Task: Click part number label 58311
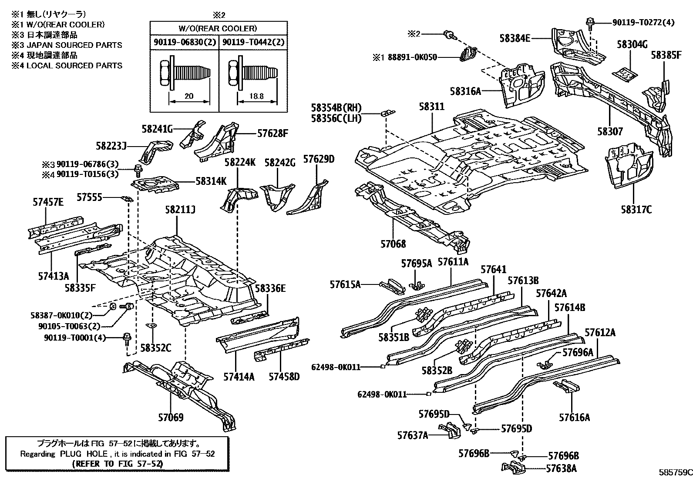click(432, 106)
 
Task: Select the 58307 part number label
click(609, 131)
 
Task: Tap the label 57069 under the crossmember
click(170, 418)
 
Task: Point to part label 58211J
click(179, 210)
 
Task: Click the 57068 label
click(393, 244)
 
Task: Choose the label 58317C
click(636, 210)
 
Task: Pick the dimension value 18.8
click(257, 97)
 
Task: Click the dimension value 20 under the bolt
click(189, 97)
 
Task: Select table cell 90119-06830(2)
click(184, 42)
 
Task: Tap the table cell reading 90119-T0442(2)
click(253, 42)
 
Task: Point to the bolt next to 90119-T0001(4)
click(127, 338)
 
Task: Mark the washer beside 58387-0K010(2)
click(112, 307)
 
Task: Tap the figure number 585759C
click(675, 472)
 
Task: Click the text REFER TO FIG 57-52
click(118, 464)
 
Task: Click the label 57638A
click(562, 468)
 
